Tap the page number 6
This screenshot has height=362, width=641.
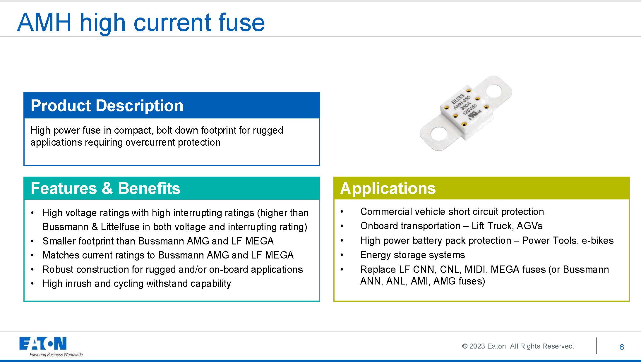click(x=622, y=347)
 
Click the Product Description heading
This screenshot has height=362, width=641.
click(x=107, y=105)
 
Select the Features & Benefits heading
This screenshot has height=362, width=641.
click(x=105, y=188)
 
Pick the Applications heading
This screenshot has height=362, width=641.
click(x=388, y=189)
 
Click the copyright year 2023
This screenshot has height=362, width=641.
click(x=477, y=346)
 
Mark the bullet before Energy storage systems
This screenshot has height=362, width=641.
click(x=342, y=255)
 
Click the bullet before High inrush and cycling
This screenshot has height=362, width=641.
click(x=32, y=284)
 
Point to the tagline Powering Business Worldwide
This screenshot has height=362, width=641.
click(x=56, y=355)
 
